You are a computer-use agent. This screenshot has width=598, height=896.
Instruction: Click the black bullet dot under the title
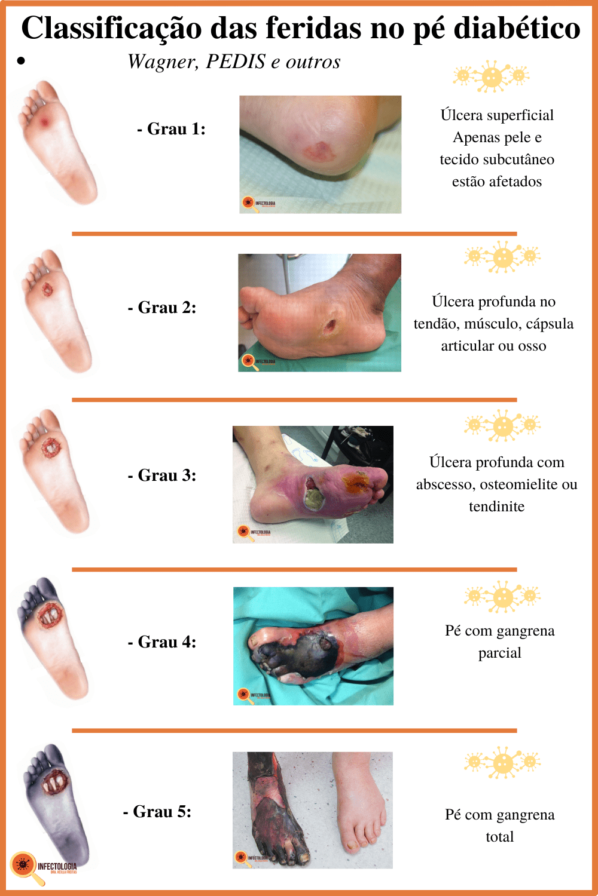pos(22,60)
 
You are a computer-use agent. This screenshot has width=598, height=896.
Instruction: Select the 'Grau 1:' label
pos(171,129)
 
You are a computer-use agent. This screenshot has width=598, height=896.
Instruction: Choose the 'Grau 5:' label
pos(157,812)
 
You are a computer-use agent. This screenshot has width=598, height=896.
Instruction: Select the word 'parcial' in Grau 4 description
pos(499,653)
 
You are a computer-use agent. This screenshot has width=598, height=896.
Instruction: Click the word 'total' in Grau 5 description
pos(499,837)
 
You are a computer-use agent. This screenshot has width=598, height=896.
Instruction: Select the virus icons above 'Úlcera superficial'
pos(492,76)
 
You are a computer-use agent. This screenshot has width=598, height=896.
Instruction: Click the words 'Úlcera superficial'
pos(497,115)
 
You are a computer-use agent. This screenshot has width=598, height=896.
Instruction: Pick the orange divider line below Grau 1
pos(294,234)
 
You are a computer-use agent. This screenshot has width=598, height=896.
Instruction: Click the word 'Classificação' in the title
pos(111,28)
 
